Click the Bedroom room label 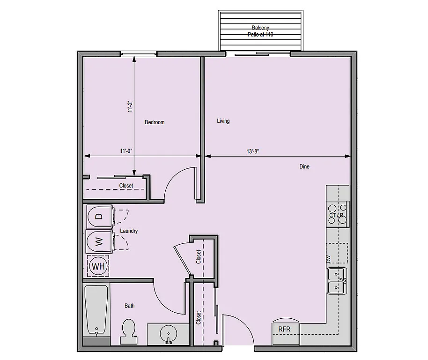pyautogui.click(x=155, y=122)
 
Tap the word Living pyautogui.click(x=223, y=121)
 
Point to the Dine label pyautogui.click(x=304, y=166)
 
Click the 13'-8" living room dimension pyautogui.click(x=253, y=151)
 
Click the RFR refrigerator pyautogui.click(x=285, y=330)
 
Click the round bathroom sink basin pyautogui.click(x=168, y=335)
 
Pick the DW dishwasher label pyautogui.click(x=329, y=259)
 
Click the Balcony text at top pyautogui.click(x=260, y=28)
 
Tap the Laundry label pyautogui.click(x=129, y=231)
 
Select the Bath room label pyautogui.click(x=130, y=306)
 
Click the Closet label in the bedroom pyautogui.click(x=126, y=186)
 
